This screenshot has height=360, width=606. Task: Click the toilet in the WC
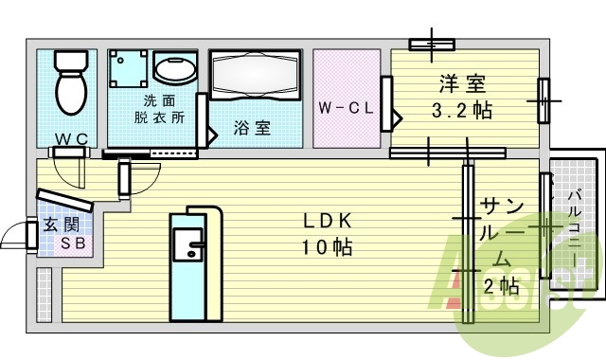pos(69,82)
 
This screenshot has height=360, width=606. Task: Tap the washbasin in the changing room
pos(172,70)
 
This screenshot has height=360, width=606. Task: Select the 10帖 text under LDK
pos(328,248)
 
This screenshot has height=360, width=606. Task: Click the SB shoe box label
pos(72,243)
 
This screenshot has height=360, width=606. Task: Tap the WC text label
pos(70,139)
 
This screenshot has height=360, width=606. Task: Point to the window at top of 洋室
pos(432,44)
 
